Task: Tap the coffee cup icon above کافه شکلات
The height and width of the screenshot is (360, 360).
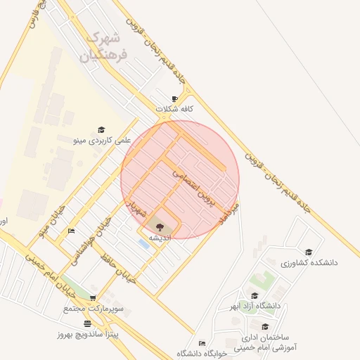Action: (x=175, y=98)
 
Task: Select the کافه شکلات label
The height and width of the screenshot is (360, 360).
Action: (x=176, y=109)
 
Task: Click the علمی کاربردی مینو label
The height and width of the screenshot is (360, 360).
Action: (x=102, y=141)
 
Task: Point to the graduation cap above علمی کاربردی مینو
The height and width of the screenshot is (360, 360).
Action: (x=102, y=130)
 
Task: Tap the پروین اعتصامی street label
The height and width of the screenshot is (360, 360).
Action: (x=191, y=182)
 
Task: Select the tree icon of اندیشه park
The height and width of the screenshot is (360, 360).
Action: (x=160, y=226)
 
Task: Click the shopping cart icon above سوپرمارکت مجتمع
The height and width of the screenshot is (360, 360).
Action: (x=93, y=298)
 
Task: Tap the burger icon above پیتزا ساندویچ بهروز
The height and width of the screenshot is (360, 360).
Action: (x=87, y=323)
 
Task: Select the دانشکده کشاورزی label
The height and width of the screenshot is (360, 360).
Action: (x=309, y=262)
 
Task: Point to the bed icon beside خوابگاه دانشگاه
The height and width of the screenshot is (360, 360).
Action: (x=202, y=343)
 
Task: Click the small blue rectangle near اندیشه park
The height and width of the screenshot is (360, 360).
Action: (x=143, y=243)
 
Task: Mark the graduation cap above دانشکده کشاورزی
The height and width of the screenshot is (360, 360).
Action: (x=308, y=252)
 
